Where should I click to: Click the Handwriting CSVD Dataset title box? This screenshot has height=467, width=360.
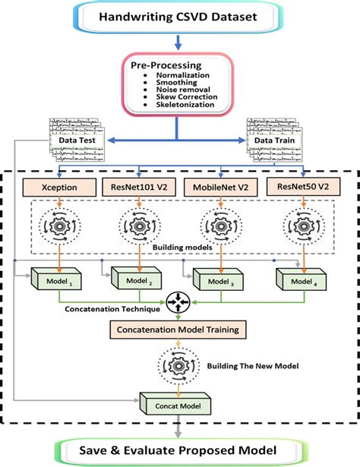click(x=178, y=17)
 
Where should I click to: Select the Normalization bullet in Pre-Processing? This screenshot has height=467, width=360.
click(x=182, y=75)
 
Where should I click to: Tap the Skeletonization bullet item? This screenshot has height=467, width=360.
click(x=185, y=105)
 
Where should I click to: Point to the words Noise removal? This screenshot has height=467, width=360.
click(x=183, y=90)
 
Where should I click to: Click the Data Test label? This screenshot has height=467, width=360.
click(x=77, y=140)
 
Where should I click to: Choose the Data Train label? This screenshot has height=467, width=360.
click(x=274, y=140)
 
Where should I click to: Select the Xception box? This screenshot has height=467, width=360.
click(x=59, y=188)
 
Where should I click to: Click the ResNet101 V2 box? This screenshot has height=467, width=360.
click(x=139, y=187)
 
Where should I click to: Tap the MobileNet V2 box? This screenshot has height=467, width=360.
click(x=221, y=188)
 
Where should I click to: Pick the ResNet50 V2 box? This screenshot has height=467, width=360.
click(x=303, y=187)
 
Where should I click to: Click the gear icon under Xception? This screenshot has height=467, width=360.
click(x=59, y=226)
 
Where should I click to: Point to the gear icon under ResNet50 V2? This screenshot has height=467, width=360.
click(x=304, y=226)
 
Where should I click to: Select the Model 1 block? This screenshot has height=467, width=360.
click(x=56, y=279)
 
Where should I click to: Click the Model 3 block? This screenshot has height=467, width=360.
click(x=218, y=279)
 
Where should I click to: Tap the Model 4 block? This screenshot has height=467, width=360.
click(x=301, y=279)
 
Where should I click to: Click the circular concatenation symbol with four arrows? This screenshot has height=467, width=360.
click(x=178, y=302)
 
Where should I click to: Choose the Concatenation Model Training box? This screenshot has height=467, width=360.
click(x=178, y=330)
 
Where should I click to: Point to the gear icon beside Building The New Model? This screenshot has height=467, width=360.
click(x=178, y=366)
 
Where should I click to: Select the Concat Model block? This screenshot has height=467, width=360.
click(x=175, y=403)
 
